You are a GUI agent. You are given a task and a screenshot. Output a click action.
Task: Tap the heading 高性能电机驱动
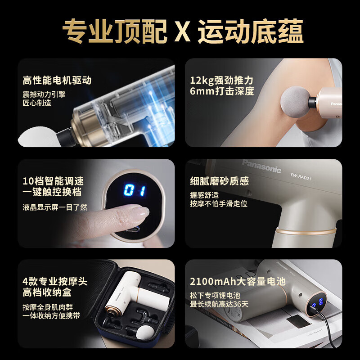[57, 81]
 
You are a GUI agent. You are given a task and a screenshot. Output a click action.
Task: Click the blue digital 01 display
[135, 190]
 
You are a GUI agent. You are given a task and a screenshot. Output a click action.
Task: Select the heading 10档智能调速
[53, 181]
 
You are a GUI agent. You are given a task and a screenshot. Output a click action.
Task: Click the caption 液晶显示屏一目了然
[55, 207]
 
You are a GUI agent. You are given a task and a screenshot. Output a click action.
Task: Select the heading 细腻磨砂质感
[219, 181]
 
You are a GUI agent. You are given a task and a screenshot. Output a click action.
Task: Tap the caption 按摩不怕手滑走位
[219, 204]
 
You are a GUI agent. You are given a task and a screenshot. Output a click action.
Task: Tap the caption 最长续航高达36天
[219, 305]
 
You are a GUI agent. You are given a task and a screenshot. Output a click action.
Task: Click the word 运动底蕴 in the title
[251, 31]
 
